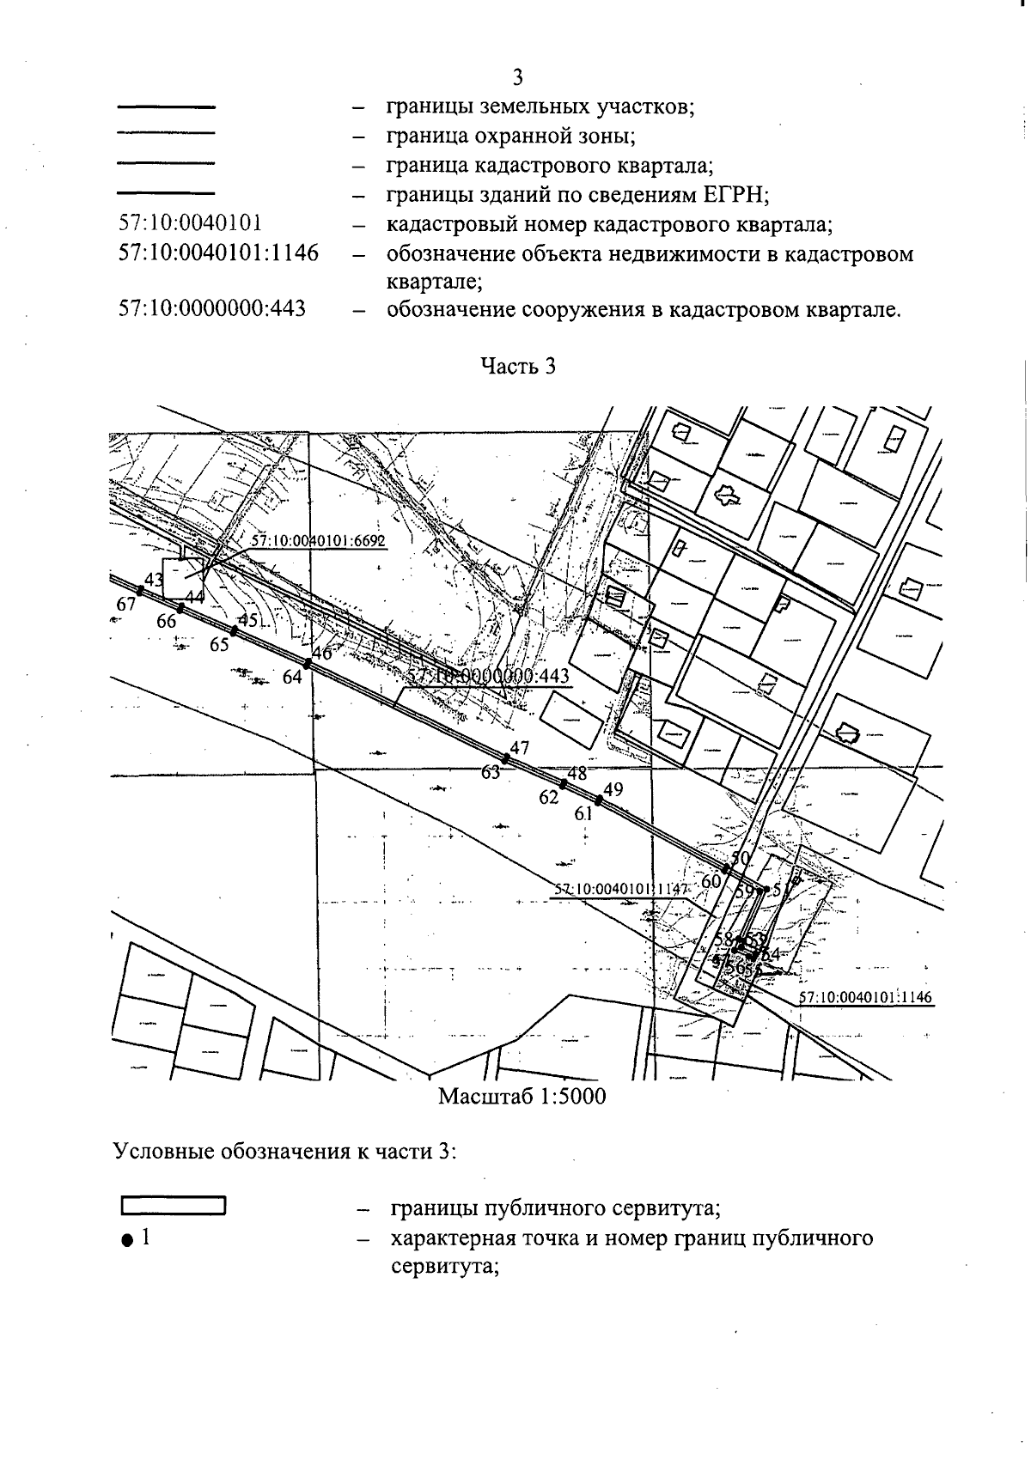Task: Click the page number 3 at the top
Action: point(517,78)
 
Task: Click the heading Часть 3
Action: point(517,366)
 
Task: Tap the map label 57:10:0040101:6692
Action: point(318,540)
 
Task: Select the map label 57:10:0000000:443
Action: point(488,676)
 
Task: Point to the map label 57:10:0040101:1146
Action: point(865,997)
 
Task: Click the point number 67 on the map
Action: point(126,605)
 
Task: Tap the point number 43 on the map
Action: point(154,580)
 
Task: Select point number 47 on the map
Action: point(520,747)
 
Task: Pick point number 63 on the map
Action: point(491,772)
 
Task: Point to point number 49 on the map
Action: point(613,789)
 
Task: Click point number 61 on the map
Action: point(584,813)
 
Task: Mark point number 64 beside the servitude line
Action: point(292,677)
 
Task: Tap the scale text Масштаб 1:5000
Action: point(522,1097)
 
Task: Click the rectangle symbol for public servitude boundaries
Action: point(173,1206)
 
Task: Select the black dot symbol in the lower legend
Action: point(127,1239)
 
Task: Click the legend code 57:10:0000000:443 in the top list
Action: point(212,308)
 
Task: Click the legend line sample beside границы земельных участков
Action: point(165,107)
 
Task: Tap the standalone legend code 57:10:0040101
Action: point(190,224)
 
